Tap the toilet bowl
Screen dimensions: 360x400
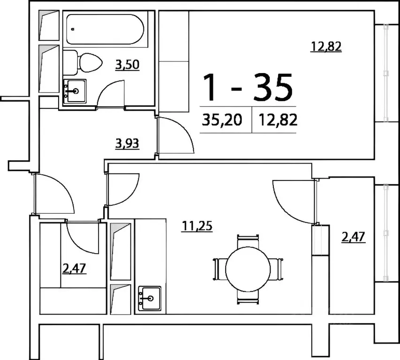tap(84, 62)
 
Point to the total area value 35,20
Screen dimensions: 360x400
tap(222, 120)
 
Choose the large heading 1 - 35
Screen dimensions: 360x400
tap(247, 87)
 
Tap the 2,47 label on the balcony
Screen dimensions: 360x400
tap(354, 237)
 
